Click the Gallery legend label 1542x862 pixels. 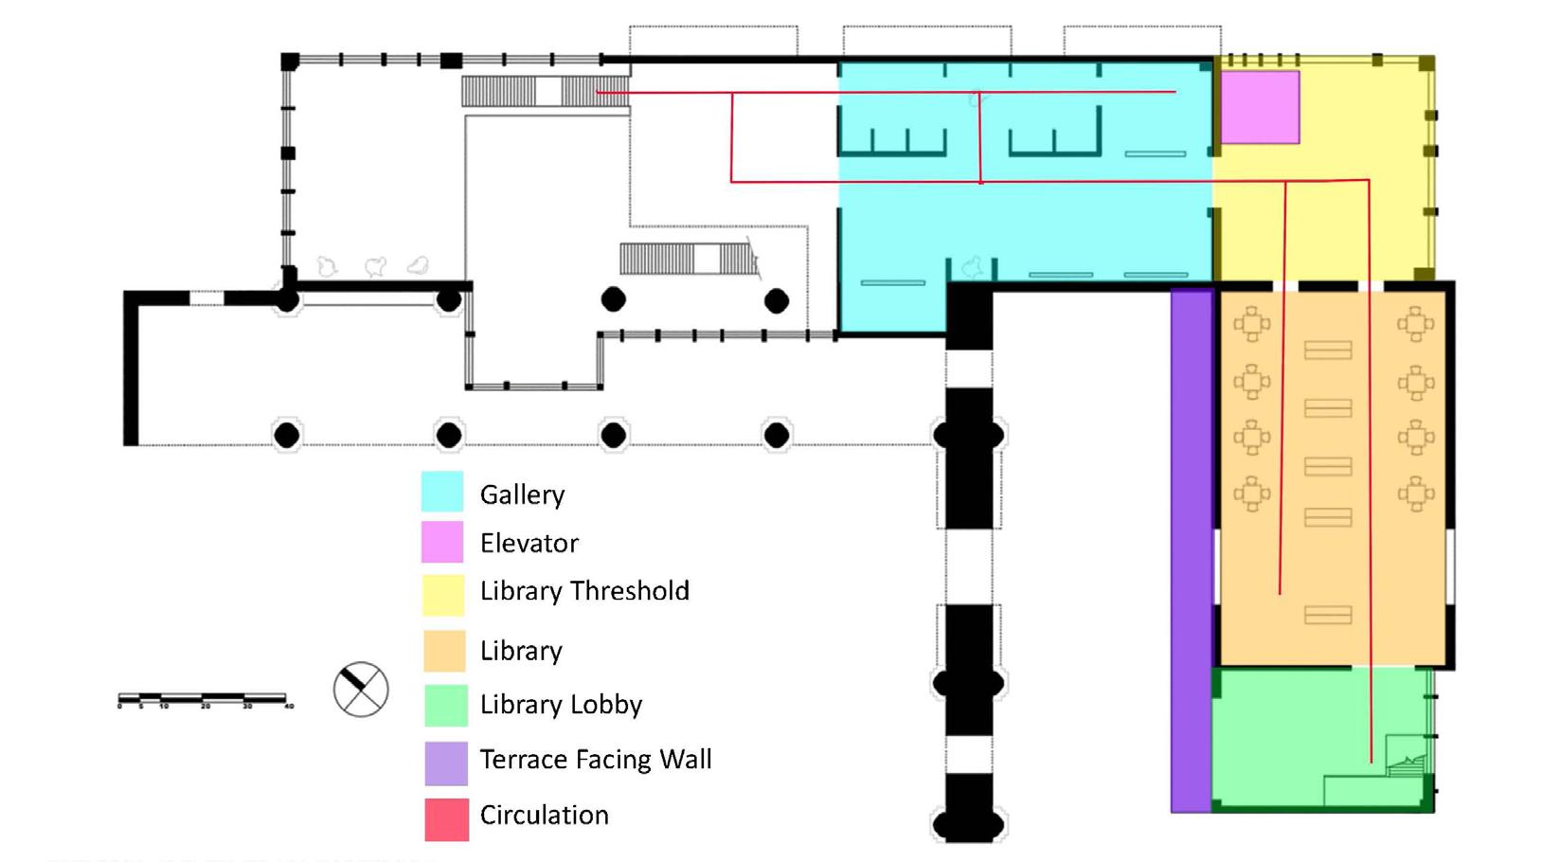click(522, 494)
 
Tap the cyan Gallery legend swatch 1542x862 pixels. click(442, 493)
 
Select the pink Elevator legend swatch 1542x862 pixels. click(442, 543)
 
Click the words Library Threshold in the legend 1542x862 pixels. click(584, 591)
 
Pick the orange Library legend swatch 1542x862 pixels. click(443, 651)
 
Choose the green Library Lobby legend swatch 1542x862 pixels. click(445, 706)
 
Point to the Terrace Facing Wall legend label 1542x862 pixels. click(596, 760)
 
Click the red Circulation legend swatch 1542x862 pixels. click(446, 819)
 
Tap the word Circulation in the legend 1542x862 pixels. click(544, 816)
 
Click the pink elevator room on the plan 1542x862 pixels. click(1259, 107)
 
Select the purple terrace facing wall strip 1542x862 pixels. click(1192, 549)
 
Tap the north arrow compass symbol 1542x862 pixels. click(361, 689)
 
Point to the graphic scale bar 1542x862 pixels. click(204, 700)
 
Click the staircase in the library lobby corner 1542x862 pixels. click(1408, 758)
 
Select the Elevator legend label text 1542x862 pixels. click(529, 544)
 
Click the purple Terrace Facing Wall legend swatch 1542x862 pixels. click(445, 763)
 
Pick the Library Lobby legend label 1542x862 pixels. click(561, 705)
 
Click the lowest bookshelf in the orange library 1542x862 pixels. click(1328, 616)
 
